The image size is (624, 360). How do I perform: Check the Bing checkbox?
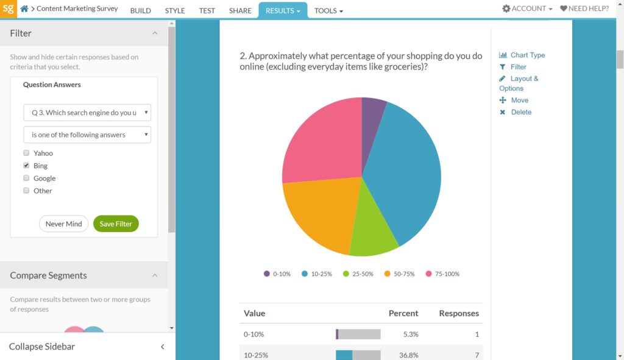point(26,166)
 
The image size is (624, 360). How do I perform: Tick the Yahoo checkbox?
point(26,153)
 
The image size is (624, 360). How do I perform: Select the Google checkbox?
point(26,178)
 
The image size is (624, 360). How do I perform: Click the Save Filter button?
point(116,224)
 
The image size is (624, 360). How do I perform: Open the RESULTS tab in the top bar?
point(283,10)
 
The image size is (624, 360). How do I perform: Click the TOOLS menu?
point(328,10)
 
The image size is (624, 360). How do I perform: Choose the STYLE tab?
point(175,10)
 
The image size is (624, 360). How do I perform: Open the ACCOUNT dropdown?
point(527,9)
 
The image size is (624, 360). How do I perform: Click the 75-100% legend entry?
point(442,274)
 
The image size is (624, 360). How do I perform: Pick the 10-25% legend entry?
point(317,274)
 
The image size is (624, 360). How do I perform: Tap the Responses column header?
point(458,313)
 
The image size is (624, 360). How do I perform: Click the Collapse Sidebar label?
point(42,347)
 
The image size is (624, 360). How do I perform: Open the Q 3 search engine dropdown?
point(87,113)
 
